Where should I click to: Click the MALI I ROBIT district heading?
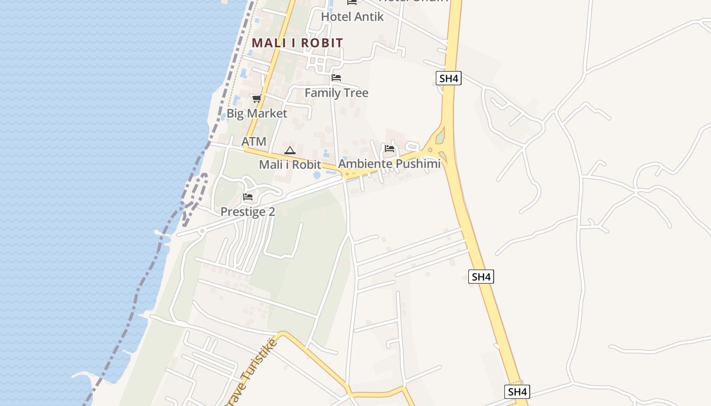pyautogui.click(x=297, y=43)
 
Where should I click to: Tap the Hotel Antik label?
pyautogui.click(x=352, y=16)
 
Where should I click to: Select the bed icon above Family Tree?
pyautogui.click(x=336, y=78)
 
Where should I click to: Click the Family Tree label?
pyautogui.click(x=336, y=93)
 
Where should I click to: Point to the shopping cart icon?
pyautogui.click(x=256, y=98)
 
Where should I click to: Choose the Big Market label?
pyautogui.click(x=256, y=113)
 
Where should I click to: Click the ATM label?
pyautogui.click(x=253, y=142)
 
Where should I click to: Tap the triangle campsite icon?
pyautogui.click(x=289, y=150)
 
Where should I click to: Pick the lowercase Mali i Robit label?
pyautogui.click(x=289, y=164)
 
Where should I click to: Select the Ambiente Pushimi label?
pyautogui.click(x=389, y=164)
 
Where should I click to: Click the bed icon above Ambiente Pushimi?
pyautogui.click(x=390, y=149)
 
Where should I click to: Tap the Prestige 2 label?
pyautogui.click(x=247, y=212)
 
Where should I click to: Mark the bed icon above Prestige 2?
pyautogui.click(x=248, y=197)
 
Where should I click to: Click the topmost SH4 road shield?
pyautogui.click(x=448, y=78)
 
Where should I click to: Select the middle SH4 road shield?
pyautogui.click(x=481, y=277)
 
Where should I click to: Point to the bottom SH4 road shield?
pyautogui.click(x=517, y=391)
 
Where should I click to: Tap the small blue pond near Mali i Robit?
pyautogui.click(x=317, y=175)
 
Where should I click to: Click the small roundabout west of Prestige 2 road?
pyautogui.click(x=202, y=231)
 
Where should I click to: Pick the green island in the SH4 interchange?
pyautogui.click(x=440, y=136)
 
